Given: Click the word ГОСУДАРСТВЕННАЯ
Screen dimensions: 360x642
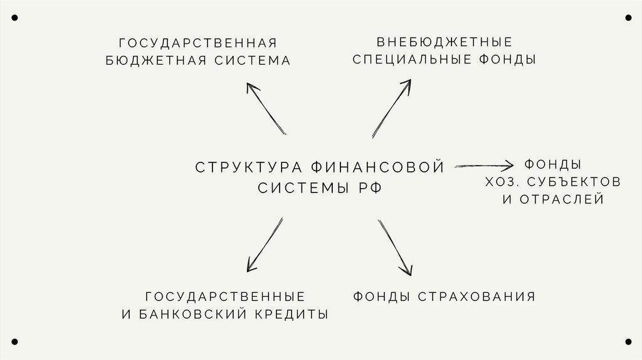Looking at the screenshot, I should point(197,43).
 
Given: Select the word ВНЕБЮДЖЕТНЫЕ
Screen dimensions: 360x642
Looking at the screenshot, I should point(445,42).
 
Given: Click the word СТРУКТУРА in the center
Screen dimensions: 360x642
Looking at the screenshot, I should point(250,167).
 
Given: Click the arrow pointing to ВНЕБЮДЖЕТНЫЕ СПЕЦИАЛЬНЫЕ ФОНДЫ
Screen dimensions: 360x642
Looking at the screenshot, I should point(392,107).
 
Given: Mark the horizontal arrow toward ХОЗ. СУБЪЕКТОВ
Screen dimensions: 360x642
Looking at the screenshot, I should point(484,166).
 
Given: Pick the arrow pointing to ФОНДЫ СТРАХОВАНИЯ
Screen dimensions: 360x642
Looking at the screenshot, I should point(395,247).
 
